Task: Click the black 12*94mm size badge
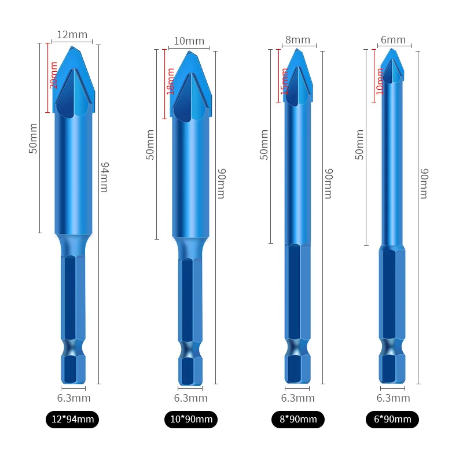72,420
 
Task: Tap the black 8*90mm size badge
297,420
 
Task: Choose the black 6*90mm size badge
392,420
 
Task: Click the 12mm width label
72,35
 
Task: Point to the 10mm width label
189,41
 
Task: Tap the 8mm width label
297,40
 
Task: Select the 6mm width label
393,40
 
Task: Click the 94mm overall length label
105,177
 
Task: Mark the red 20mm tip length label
54,76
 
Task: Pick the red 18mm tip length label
171,81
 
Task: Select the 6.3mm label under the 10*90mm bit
190,398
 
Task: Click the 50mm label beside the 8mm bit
264,145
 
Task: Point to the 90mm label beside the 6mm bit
424,183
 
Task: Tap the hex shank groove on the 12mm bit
73,347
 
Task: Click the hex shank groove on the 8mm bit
297,347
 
